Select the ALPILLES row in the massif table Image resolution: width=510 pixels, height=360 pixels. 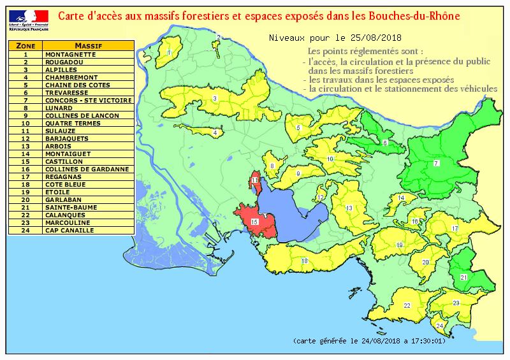coord(61,69)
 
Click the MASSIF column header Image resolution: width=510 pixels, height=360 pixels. coord(89,46)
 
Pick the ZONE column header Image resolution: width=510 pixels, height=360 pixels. coord(25,46)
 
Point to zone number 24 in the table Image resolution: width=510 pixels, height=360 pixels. coord(25,230)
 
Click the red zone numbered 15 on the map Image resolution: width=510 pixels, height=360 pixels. coord(254,222)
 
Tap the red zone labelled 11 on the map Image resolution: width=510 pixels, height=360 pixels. coord(255,181)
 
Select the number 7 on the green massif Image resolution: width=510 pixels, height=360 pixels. coord(436,164)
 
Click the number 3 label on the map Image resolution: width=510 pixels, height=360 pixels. coord(215,98)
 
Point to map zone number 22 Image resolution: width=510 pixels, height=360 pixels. coord(407,306)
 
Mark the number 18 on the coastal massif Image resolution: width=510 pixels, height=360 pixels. coord(305,261)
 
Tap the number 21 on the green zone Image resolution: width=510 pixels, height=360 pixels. coord(463,277)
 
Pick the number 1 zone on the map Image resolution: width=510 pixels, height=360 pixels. coord(170,52)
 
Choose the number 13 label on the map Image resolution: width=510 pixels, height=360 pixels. coord(349,208)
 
